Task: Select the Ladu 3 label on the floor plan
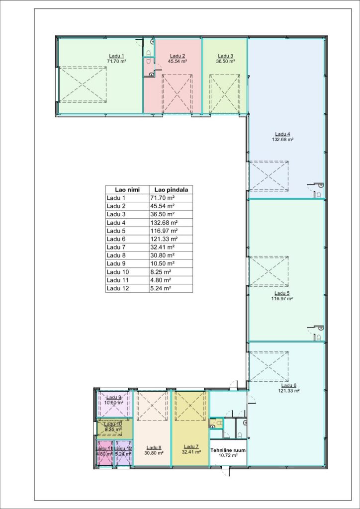(x=225, y=56)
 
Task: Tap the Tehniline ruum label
(x=228, y=450)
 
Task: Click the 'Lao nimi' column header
(x=127, y=189)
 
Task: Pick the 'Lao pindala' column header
(x=171, y=189)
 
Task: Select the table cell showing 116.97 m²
(x=164, y=231)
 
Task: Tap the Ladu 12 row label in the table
(x=116, y=288)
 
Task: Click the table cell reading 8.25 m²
(x=161, y=272)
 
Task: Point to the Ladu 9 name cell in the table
(x=115, y=263)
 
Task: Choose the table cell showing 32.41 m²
(x=163, y=247)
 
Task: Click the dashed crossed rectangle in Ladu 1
(x=83, y=85)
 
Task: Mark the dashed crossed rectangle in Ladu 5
(x=269, y=271)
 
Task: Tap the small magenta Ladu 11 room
(x=104, y=453)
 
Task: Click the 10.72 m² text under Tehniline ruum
(x=228, y=455)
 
